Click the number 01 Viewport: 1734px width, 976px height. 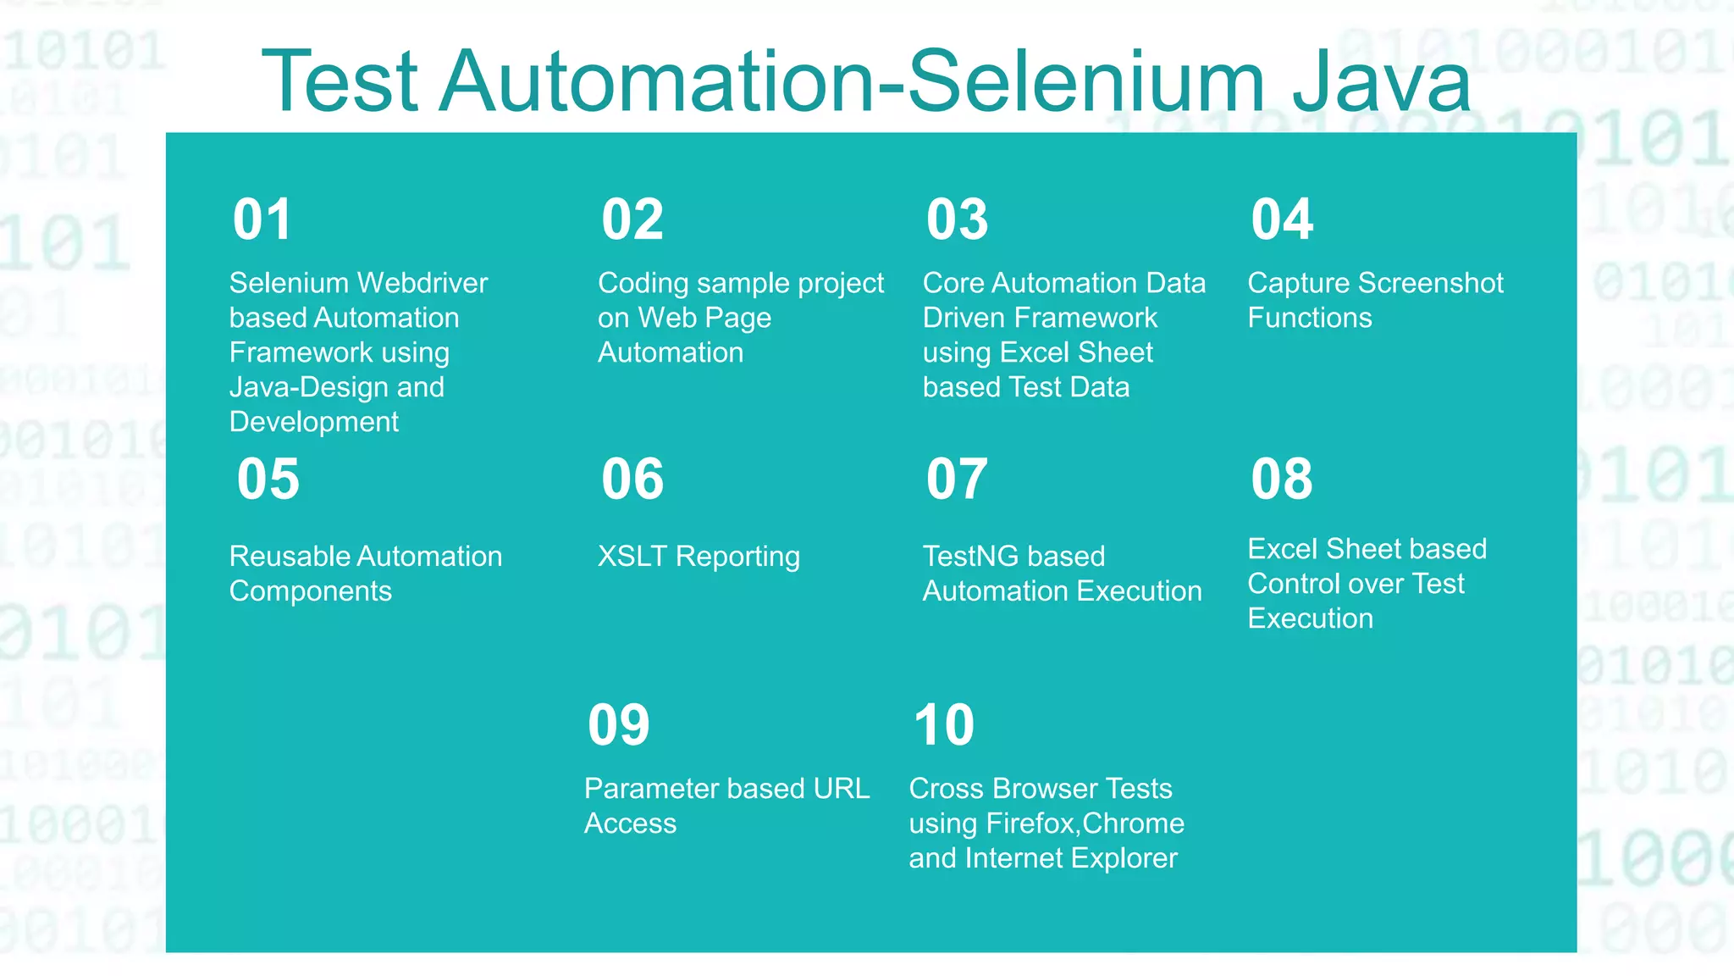point(262,219)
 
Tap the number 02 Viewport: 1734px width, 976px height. point(632,219)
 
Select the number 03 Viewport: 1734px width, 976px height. point(957,219)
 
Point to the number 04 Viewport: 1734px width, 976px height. point(1282,219)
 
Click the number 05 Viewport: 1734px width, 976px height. point(268,479)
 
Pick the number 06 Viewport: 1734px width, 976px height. point(632,479)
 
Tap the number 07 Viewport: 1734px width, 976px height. point(957,479)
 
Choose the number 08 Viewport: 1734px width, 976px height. point(1282,479)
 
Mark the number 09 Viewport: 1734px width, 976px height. point(618,725)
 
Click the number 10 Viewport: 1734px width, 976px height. point(943,725)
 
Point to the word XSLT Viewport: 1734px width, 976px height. point(632,557)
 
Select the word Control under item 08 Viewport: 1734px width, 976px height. point(1295,584)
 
